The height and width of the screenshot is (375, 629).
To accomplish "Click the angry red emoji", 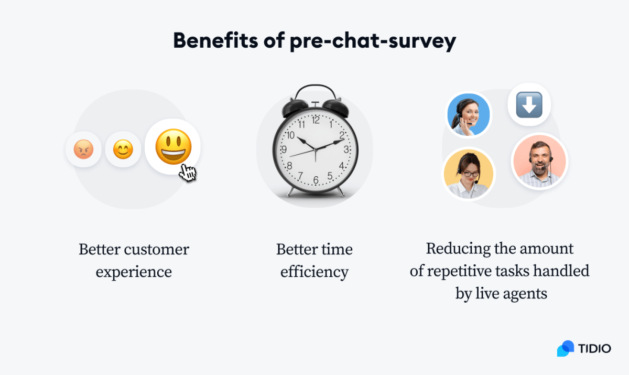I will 83,149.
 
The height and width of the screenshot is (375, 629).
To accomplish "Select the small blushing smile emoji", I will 123,149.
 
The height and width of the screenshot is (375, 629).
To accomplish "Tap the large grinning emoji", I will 173,147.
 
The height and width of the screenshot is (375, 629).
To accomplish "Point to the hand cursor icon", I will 187,172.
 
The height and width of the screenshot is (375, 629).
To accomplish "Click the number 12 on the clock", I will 316,120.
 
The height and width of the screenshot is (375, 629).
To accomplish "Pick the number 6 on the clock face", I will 316,180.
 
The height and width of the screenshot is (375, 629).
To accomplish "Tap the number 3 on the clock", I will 346,149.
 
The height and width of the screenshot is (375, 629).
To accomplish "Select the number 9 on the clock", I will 285,150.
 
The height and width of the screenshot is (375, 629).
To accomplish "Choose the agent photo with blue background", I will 468,115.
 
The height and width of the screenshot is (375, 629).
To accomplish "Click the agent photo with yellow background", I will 469,174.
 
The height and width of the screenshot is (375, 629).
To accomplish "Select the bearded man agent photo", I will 539,160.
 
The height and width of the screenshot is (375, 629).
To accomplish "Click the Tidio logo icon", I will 566,348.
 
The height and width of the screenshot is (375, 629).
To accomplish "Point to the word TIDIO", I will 594,348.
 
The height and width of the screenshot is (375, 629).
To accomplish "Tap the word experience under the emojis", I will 134,272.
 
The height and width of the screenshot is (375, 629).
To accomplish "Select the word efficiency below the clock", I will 314,272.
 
